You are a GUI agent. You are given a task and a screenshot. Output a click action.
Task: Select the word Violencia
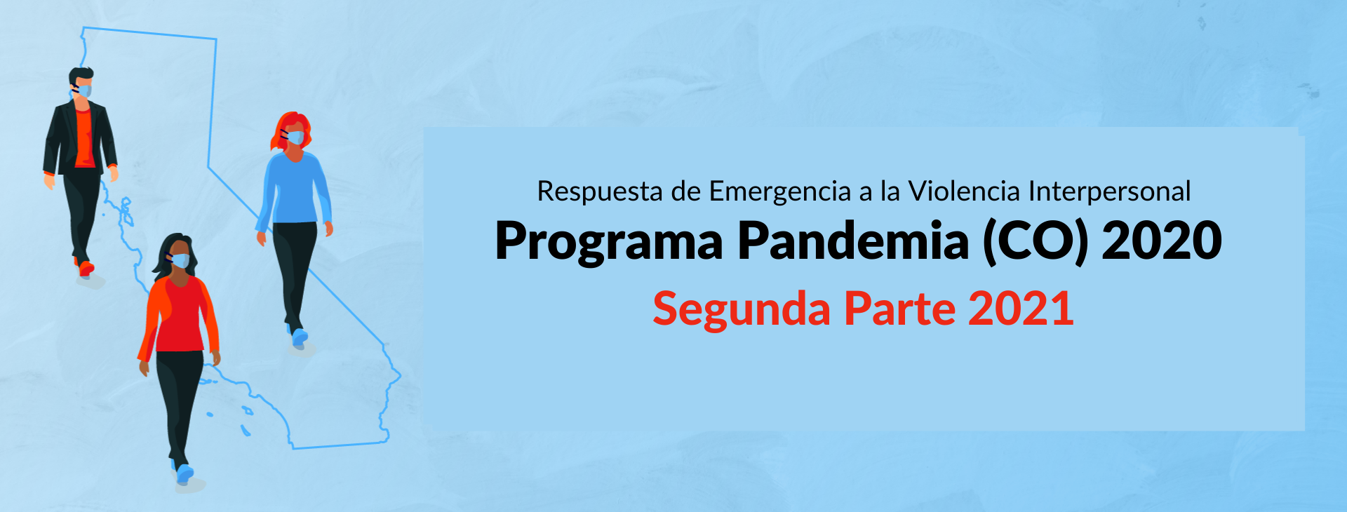pyautogui.click(x=964, y=191)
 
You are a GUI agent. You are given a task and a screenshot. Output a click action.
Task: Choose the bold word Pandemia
pyautogui.click(x=853, y=241)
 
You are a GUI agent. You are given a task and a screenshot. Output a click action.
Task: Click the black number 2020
pyautogui.click(x=1162, y=241)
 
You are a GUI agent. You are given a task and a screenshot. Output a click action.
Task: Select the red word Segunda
pyautogui.click(x=742, y=310)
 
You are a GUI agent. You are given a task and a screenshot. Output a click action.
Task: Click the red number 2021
pyautogui.click(x=1021, y=309)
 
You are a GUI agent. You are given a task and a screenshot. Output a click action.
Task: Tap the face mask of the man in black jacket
pyautogui.click(x=83, y=90)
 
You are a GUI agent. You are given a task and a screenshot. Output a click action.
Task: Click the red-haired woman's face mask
pyautogui.click(x=295, y=137)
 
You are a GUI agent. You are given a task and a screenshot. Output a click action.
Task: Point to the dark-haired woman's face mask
pyautogui.click(x=180, y=260)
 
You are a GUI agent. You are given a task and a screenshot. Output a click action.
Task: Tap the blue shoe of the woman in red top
pyautogui.click(x=184, y=473)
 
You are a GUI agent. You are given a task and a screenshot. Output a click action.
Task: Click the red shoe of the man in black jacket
pyautogui.click(x=85, y=267)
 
